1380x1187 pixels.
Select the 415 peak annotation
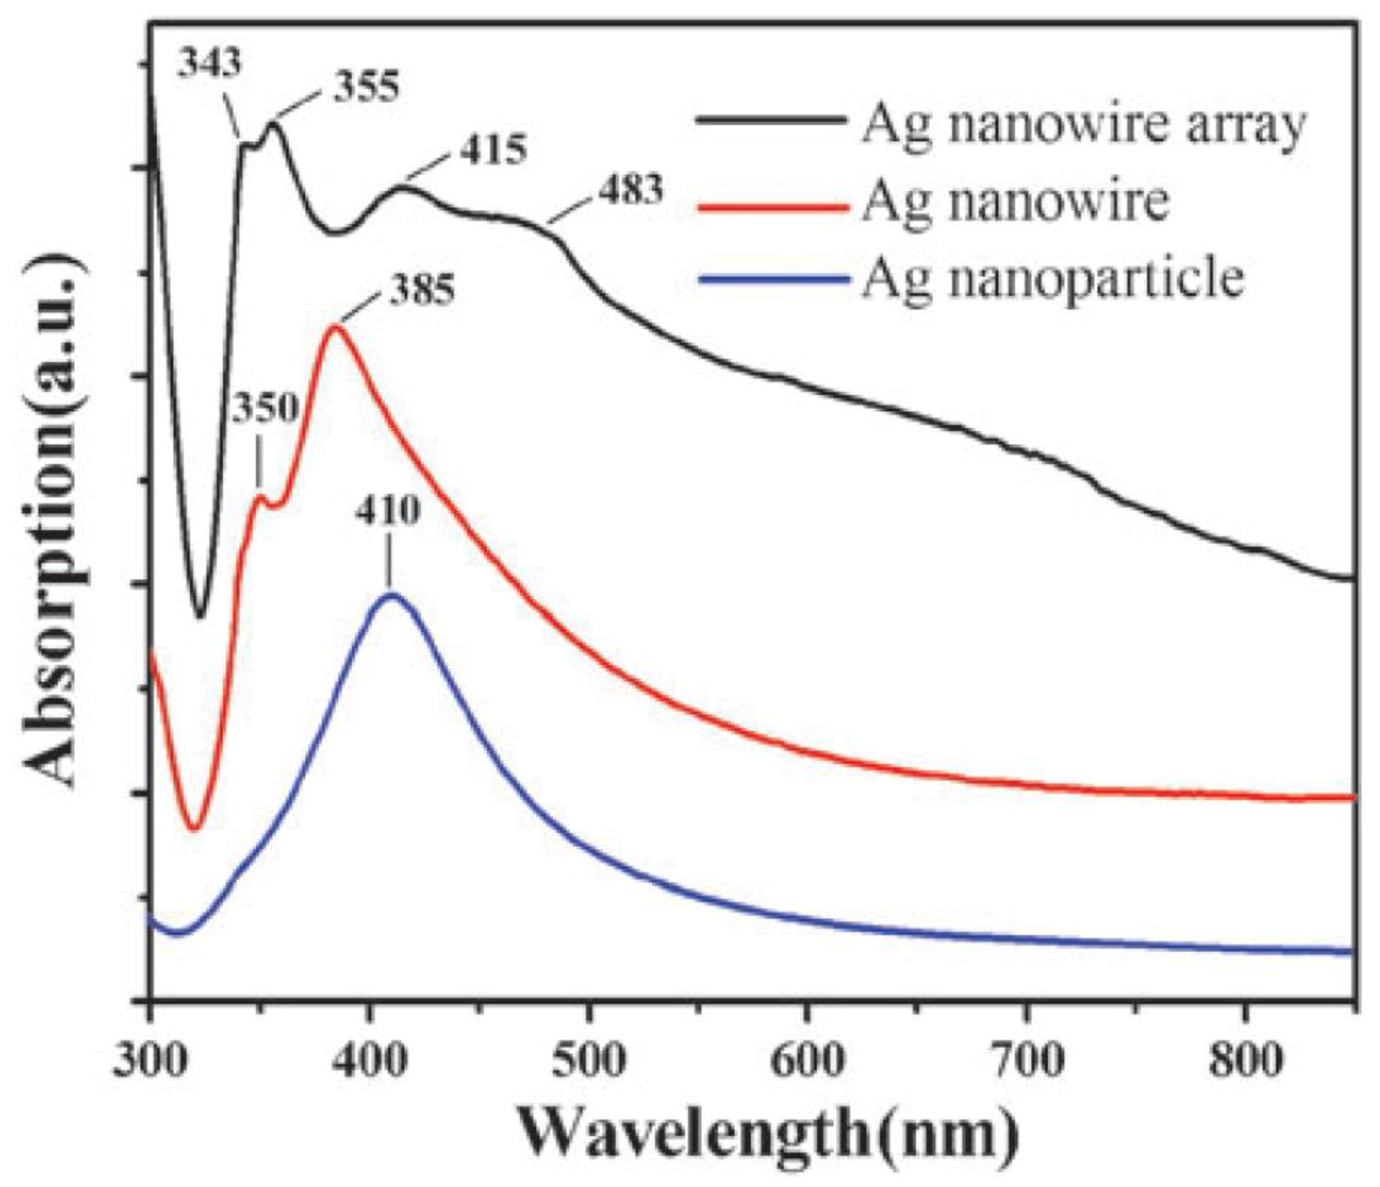point(493,150)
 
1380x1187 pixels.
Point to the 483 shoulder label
point(631,191)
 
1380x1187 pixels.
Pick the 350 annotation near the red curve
point(264,407)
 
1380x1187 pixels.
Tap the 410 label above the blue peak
point(388,511)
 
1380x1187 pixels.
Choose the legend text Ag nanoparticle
point(1052,278)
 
